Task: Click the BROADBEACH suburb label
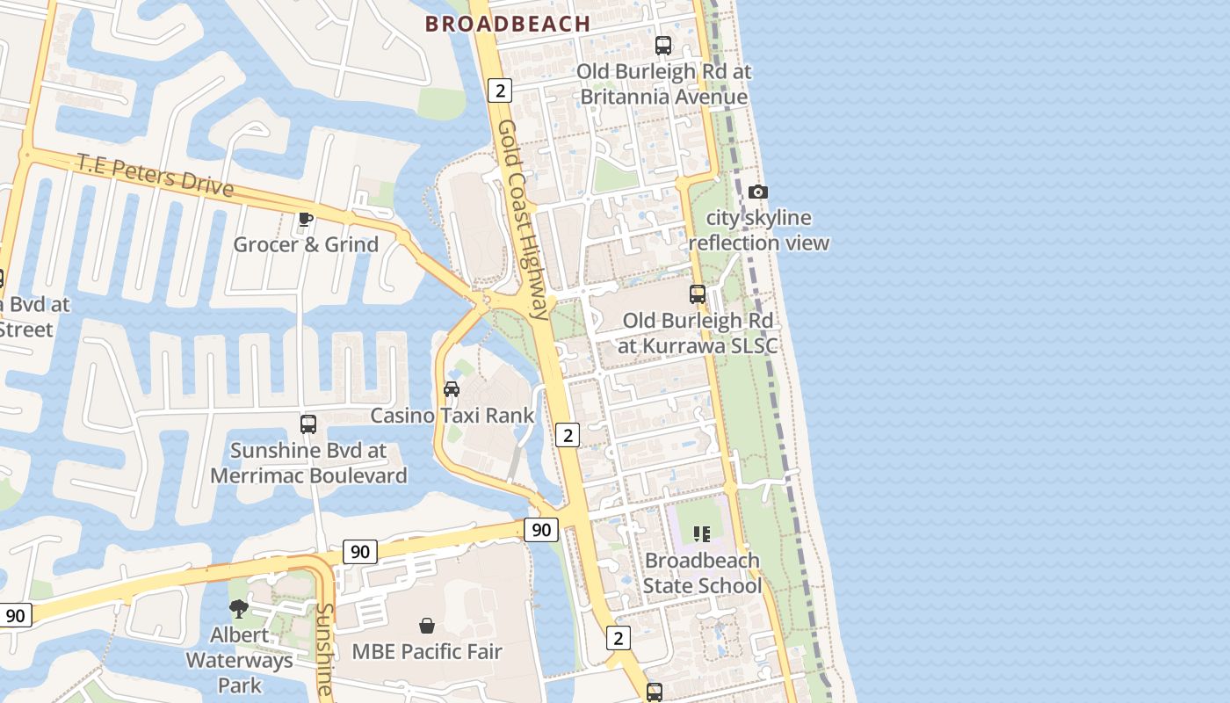[x=508, y=24]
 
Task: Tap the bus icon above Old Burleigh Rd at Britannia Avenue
[x=663, y=46]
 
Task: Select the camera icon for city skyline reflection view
[x=757, y=192]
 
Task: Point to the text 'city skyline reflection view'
[x=759, y=230]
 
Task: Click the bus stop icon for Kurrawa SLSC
[x=698, y=294]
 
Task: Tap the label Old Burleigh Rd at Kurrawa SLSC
[x=698, y=333]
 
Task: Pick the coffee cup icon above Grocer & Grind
[x=306, y=219]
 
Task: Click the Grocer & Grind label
[x=306, y=244]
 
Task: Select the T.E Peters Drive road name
[x=156, y=174]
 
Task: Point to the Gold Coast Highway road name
[x=523, y=220]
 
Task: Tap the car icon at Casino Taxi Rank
[x=452, y=389]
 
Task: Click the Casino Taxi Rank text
[x=452, y=415]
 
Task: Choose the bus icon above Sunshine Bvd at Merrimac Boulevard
[x=308, y=424]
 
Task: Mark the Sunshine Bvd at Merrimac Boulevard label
[x=308, y=463]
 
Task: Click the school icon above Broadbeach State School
[x=702, y=533]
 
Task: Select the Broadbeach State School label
[x=702, y=572]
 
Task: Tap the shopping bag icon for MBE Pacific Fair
[x=427, y=626]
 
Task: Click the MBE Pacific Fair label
[x=427, y=651]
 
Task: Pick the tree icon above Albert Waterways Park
[x=238, y=608]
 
